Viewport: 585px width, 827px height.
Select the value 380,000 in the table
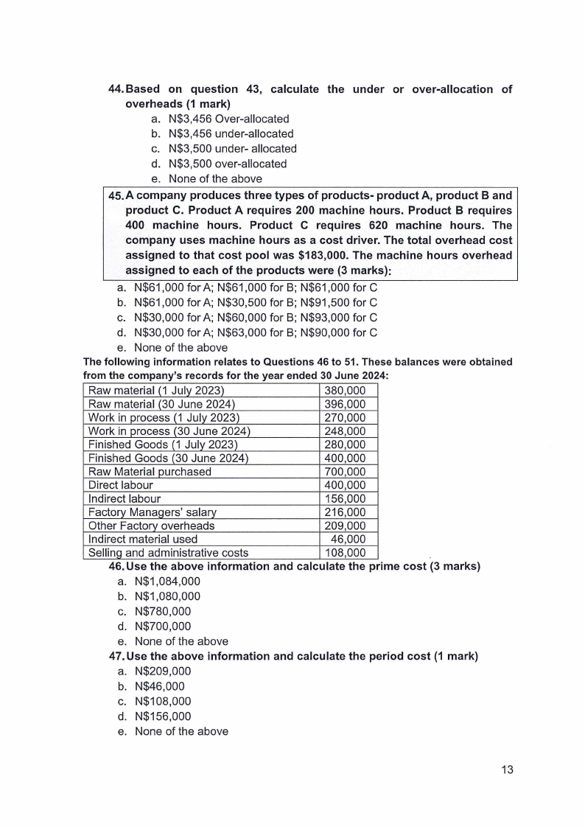345,391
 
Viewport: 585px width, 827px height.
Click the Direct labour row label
121,485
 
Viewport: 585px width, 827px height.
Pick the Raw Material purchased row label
150,472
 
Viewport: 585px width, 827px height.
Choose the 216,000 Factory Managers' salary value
345,512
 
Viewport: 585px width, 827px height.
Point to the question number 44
116,89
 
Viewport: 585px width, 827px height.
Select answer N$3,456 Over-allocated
228,119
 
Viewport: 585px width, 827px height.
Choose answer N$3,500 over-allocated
228,164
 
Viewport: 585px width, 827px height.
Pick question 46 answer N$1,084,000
167,582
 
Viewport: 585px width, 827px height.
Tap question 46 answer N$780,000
163,612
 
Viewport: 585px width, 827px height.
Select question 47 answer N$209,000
163,671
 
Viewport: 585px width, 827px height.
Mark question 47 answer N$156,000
163,716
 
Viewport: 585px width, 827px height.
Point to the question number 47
116,656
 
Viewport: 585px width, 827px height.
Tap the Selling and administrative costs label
168,553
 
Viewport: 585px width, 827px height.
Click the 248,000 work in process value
345,431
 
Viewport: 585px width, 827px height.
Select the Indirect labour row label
125,499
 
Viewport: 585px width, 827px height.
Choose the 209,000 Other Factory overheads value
345,526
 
